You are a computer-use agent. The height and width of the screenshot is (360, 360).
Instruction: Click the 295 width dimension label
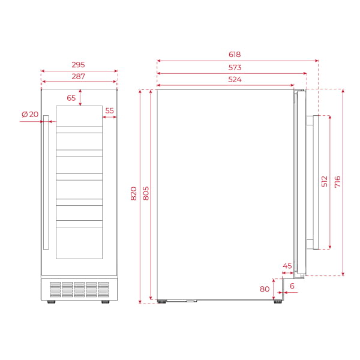pyautogui.click(x=79, y=64)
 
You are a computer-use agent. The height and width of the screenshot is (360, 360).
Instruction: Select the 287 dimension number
pyautogui.click(x=79, y=76)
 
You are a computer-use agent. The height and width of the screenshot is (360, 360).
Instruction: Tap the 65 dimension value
pyautogui.click(x=71, y=98)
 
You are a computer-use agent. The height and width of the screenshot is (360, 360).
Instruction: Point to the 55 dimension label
pyautogui.click(x=109, y=111)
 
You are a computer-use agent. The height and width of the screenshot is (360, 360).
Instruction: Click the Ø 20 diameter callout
pyautogui.click(x=29, y=115)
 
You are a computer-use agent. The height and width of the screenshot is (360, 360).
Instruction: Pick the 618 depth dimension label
pyautogui.click(x=237, y=54)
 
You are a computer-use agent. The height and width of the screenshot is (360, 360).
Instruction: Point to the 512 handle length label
pyautogui.click(x=324, y=182)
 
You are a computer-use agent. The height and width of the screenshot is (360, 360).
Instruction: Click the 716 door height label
pyautogui.click(x=337, y=182)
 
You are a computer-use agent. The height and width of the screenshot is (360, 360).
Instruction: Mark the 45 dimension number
pyautogui.click(x=287, y=266)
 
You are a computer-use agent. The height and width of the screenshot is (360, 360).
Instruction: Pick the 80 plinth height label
pyautogui.click(x=265, y=289)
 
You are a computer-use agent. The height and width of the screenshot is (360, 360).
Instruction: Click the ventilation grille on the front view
pyautogui.click(x=79, y=290)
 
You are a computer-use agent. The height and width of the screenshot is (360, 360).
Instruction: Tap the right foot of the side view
pyautogui.click(x=277, y=302)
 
